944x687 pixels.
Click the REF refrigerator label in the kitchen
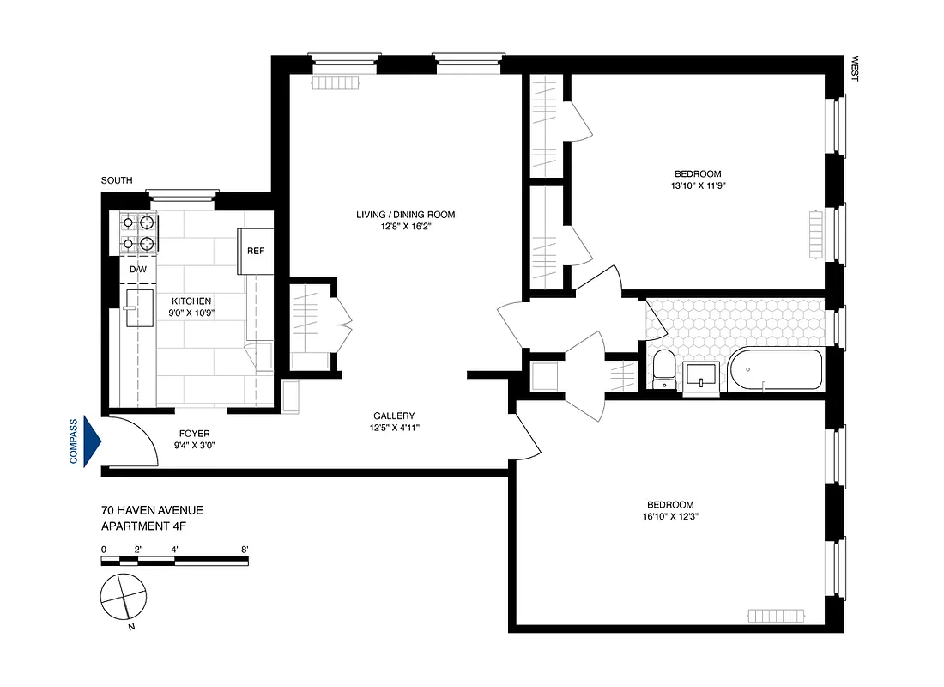pos(255,252)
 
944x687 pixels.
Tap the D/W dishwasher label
pos(138,270)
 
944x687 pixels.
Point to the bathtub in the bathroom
pos(775,370)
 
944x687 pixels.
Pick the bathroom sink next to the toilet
pos(701,376)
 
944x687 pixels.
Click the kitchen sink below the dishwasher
pos(137,308)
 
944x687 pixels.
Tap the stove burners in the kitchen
pos(138,233)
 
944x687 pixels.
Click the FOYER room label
pos(194,434)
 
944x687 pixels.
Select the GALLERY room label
pos(394,416)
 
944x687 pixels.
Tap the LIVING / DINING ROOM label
pos(405,215)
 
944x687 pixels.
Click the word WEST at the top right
pos(854,70)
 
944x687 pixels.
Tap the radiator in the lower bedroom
pos(776,616)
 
